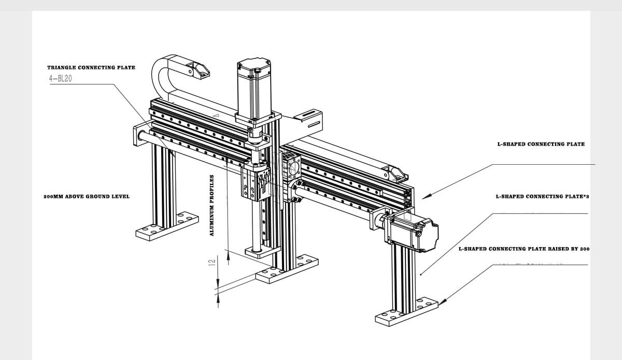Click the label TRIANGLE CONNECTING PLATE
point(91,67)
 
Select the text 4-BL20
point(60,79)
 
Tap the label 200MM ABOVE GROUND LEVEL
point(87,196)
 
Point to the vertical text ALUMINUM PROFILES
point(211,205)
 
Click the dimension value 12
point(211,263)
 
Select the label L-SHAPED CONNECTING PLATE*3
point(542,196)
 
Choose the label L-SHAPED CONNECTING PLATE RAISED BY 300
point(524,249)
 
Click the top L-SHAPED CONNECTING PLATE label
point(541,144)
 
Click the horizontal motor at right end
point(414,235)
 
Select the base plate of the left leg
point(167,226)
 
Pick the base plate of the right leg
point(407,312)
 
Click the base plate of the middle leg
point(287,269)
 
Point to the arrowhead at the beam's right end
point(425,196)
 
